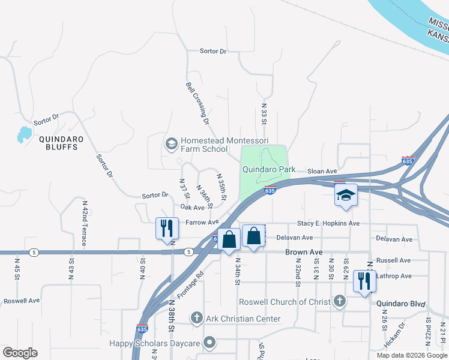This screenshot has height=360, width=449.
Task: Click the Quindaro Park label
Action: coord(268,169)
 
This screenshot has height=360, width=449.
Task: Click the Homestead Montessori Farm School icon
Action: coord(170,144)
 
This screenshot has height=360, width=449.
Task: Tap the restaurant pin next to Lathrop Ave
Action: coord(364,281)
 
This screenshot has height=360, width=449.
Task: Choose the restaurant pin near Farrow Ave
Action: coord(167,228)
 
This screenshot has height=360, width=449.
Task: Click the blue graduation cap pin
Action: coord(346,196)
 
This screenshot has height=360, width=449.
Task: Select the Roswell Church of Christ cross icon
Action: coord(340,301)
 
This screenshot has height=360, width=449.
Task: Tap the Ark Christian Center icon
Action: coord(196,318)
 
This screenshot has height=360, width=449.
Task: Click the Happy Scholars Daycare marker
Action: coord(209,343)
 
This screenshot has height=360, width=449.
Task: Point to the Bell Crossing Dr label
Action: coord(197,103)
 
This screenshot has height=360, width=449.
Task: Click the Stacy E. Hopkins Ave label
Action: coord(328,223)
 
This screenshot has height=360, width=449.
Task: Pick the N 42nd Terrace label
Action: coord(84,223)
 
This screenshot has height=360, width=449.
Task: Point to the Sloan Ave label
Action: coord(322,172)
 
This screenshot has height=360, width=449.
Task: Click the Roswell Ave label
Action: coord(21,301)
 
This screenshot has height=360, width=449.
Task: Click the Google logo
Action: coord(20,353)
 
